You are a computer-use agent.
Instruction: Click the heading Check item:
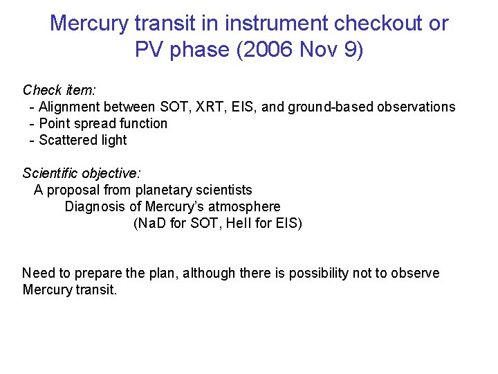pos(59,90)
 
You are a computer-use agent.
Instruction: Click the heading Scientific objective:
pos(82,173)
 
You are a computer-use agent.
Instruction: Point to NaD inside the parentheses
pos(150,223)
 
